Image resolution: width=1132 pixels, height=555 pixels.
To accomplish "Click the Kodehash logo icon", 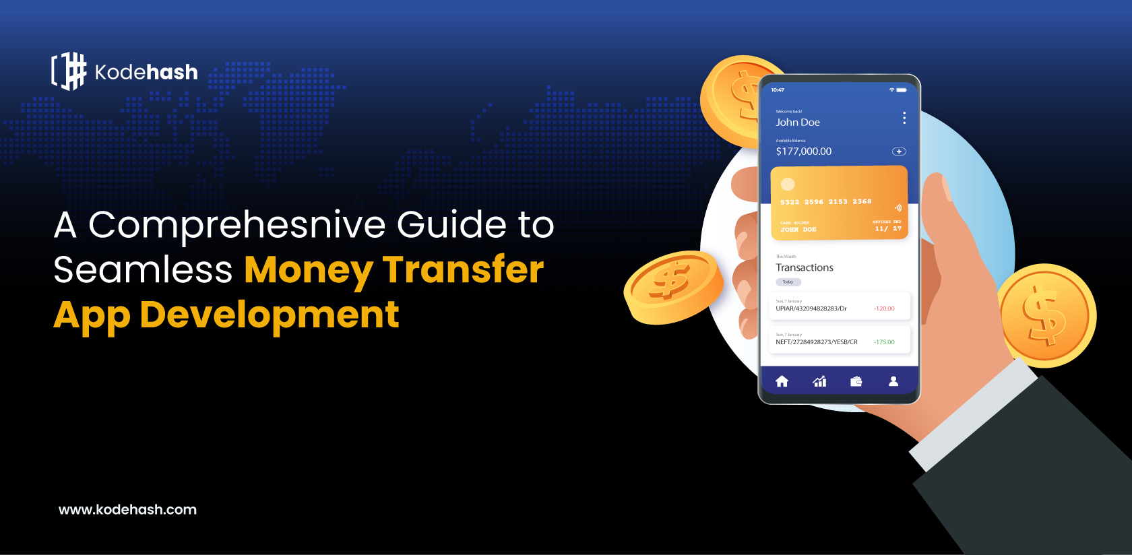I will click(x=69, y=71).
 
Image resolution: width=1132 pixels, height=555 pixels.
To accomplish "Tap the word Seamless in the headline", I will click(x=143, y=270).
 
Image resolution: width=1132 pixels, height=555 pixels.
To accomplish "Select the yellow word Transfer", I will click(x=463, y=270).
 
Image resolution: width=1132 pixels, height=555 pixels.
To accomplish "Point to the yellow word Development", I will click(x=270, y=315).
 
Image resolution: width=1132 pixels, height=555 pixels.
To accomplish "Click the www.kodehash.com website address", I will click(x=127, y=510).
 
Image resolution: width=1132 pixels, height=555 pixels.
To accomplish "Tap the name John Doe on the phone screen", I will click(x=798, y=123).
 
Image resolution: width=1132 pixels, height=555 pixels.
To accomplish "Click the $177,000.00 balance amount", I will click(x=804, y=152).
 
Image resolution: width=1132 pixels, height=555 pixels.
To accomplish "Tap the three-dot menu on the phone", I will click(x=904, y=118).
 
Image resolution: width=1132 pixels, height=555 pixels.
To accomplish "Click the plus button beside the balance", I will click(x=899, y=152).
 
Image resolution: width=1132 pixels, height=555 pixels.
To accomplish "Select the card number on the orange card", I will click(x=826, y=202).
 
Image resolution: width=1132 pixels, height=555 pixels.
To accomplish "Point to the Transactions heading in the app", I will click(x=805, y=267).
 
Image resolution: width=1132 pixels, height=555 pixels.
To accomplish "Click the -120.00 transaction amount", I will click(x=884, y=308).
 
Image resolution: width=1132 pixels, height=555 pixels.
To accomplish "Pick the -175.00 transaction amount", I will click(x=884, y=342).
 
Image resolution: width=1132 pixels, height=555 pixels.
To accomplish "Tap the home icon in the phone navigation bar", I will click(x=782, y=381).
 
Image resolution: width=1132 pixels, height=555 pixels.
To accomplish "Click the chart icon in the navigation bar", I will click(x=819, y=381).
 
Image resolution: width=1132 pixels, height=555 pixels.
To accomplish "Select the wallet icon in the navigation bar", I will click(x=856, y=381).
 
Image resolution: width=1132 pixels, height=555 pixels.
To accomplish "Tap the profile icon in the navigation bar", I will click(x=893, y=381).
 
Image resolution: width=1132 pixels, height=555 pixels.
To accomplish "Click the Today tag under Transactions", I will click(x=788, y=282).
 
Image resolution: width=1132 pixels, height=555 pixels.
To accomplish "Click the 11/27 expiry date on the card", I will click(x=888, y=229).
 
